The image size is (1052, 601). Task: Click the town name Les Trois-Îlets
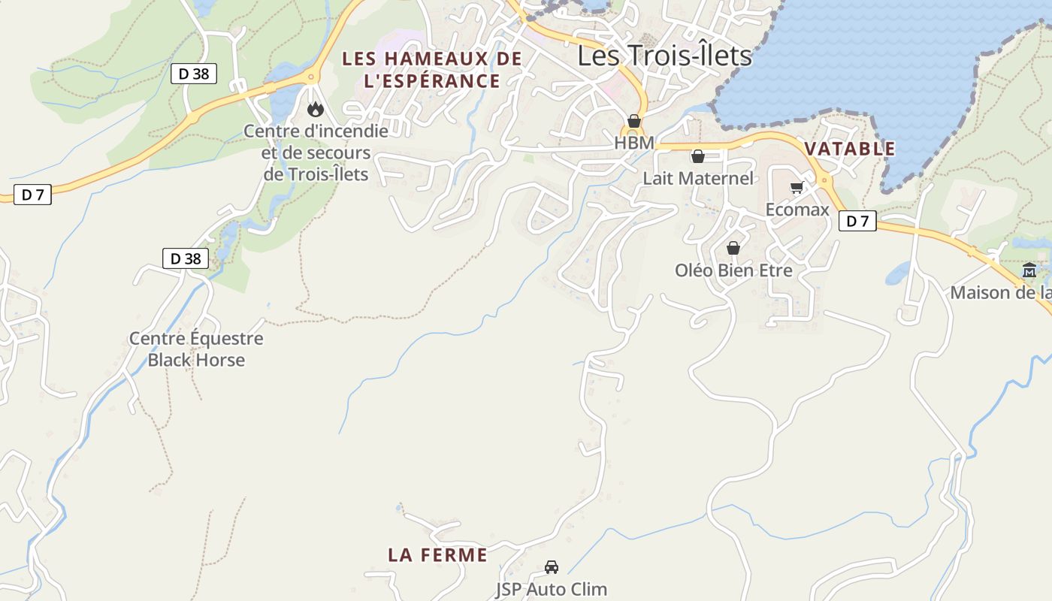[664, 56]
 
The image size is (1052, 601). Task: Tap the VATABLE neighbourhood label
[850, 149]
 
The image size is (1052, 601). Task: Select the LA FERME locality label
[437, 555]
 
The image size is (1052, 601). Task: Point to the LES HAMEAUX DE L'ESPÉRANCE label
[432, 70]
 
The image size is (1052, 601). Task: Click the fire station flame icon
[316, 110]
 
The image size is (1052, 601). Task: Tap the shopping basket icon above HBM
[634, 121]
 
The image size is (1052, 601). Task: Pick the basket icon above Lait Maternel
[697, 156]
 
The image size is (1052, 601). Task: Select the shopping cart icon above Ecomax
[797, 187]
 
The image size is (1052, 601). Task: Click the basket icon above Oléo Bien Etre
[733, 248]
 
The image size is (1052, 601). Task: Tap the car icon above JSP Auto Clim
[552, 567]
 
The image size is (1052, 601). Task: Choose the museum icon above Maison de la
[1029, 270]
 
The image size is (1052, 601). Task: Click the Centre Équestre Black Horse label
[196, 349]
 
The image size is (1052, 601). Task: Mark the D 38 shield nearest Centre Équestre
[186, 259]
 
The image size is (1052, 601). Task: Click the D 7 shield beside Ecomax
[857, 221]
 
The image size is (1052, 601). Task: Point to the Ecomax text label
[797, 210]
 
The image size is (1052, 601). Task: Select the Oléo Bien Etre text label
[733, 270]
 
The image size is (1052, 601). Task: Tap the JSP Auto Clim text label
[552, 589]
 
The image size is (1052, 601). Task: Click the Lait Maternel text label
[697, 179]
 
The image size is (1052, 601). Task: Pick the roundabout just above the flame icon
[310, 77]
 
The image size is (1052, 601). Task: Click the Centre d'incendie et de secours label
[316, 153]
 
